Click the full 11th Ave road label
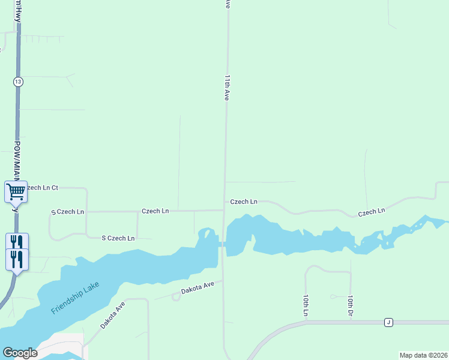point(227,88)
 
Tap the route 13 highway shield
point(19,81)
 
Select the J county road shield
point(388,323)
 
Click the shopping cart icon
point(16,192)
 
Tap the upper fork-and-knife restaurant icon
point(17,242)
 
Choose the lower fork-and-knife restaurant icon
point(17,259)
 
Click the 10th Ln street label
point(305,305)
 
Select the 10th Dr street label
point(350,305)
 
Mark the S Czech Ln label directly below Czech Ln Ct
point(67,212)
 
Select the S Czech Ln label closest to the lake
point(118,238)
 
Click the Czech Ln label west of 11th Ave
point(155,211)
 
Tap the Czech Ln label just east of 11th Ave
point(244,202)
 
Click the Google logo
point(20,353)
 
